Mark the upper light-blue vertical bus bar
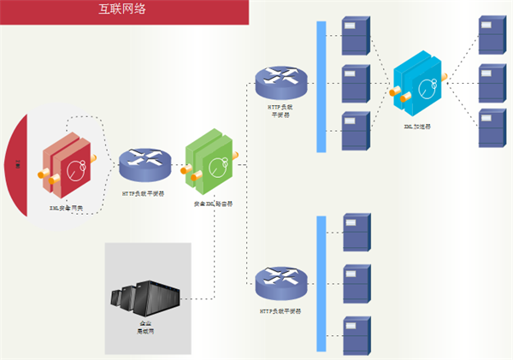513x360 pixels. (x=321, y=86)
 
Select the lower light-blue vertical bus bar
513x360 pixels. (x=321, y=283)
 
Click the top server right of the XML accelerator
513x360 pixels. (x=492, y=37)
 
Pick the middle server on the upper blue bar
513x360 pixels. (x=355, y=83)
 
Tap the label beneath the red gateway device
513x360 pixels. (x=66, y=208)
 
